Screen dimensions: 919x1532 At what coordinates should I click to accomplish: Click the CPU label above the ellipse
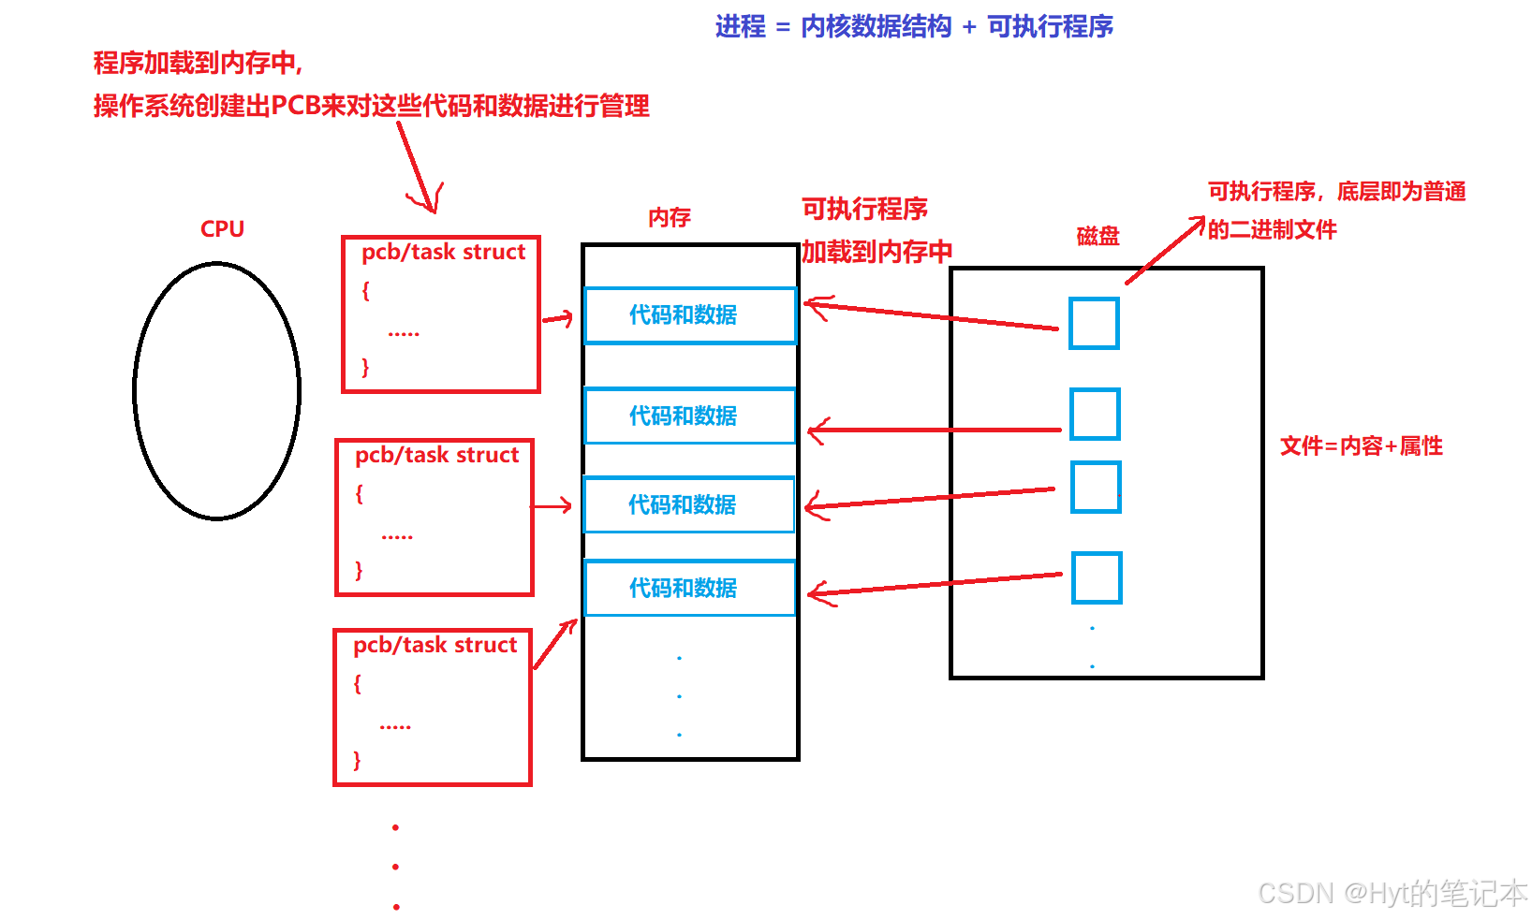(222, 229)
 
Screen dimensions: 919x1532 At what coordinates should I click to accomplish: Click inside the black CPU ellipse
(216, 391)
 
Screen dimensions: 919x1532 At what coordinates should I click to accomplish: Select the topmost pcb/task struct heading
(443, 252)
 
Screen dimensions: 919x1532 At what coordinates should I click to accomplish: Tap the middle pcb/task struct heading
(436, 455)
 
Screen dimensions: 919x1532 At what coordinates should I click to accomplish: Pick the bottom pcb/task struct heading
(435, 645)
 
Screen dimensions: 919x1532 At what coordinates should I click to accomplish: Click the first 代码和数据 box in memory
(689, 315)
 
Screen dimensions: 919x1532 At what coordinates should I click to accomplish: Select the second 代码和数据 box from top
(689, 416)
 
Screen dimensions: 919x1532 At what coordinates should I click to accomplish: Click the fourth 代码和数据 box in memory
(689, 588)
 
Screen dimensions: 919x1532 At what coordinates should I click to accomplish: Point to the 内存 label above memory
(669, 218)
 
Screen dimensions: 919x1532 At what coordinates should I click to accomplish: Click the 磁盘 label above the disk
(1097, 236)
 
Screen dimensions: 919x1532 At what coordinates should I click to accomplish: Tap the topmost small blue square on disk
(1094, 324)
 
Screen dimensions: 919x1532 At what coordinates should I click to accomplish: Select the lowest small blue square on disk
(1097, 577)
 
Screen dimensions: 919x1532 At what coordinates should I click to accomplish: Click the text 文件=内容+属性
(1361, 446)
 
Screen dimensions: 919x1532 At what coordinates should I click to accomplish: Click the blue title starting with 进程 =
(913, 26)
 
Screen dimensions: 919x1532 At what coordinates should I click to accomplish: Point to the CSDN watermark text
(1392, 894)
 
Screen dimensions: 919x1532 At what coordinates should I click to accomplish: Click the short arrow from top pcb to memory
(558, 319)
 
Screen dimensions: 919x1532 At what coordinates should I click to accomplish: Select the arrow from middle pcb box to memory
(552, 506)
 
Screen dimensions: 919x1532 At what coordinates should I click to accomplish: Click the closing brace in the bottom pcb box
(357, 760)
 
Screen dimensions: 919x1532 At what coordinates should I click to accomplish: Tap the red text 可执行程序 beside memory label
(864, 209)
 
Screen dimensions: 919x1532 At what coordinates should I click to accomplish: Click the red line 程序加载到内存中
(198, 64)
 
